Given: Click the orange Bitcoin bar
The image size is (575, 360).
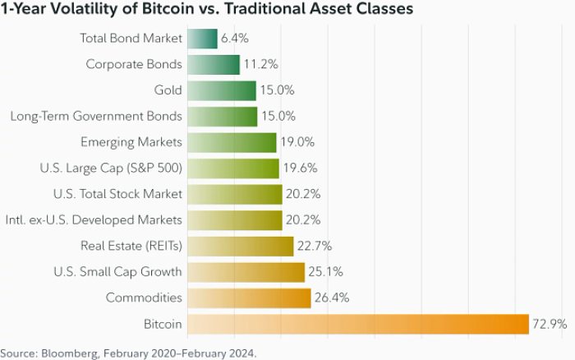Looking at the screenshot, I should pos(358,324).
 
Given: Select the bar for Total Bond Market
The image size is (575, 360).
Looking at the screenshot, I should pos(203,39).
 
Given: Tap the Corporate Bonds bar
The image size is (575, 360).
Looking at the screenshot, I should pos(214,64).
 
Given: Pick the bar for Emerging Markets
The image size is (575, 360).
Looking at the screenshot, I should pos(232,142).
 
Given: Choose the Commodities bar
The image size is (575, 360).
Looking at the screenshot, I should pos(249,298).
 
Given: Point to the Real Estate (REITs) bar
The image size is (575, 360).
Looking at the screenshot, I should pos(241,246).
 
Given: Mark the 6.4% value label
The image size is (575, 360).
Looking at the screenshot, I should pos(235,39).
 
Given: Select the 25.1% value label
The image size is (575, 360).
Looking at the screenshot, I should pos(326,272).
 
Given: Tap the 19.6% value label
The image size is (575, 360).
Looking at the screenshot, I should pos(300,168).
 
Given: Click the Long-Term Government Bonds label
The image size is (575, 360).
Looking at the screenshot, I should pos(96,116).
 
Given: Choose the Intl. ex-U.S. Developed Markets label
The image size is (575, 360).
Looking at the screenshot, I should pos(93,220).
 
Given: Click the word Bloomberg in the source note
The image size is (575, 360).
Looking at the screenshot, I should pos(69,353).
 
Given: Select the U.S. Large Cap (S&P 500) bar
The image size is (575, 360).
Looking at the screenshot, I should pos(233,168).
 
